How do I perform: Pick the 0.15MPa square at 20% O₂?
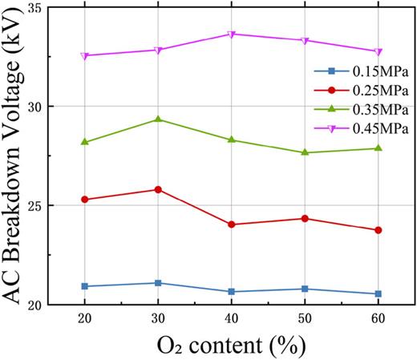pos(84,286)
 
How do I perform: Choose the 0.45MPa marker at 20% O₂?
pos(84,56)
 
